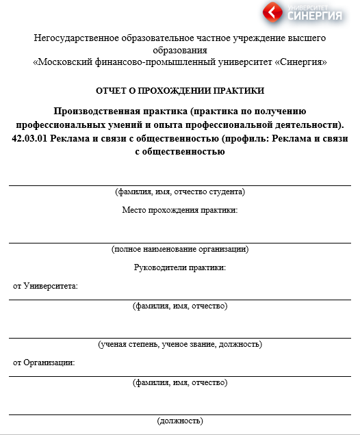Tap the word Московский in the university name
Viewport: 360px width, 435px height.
click(68, 62)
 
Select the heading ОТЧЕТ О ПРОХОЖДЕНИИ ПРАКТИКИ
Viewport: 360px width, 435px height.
click(180, 90)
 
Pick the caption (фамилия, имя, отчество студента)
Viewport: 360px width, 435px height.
click(180, 192)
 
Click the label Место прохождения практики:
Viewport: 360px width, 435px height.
click(180, 209)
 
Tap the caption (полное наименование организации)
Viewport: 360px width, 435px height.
click(180, 249)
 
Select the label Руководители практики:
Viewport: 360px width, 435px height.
click(180, 267)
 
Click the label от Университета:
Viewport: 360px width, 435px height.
click(45, 285)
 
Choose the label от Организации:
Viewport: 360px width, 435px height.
click(44, 362)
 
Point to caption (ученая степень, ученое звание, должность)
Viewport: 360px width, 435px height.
click(180, 344)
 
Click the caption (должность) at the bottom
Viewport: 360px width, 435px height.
click(180, 420)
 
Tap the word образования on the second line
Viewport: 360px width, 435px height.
click(180, 50)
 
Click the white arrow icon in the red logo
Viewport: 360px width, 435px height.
click(273, 12)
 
